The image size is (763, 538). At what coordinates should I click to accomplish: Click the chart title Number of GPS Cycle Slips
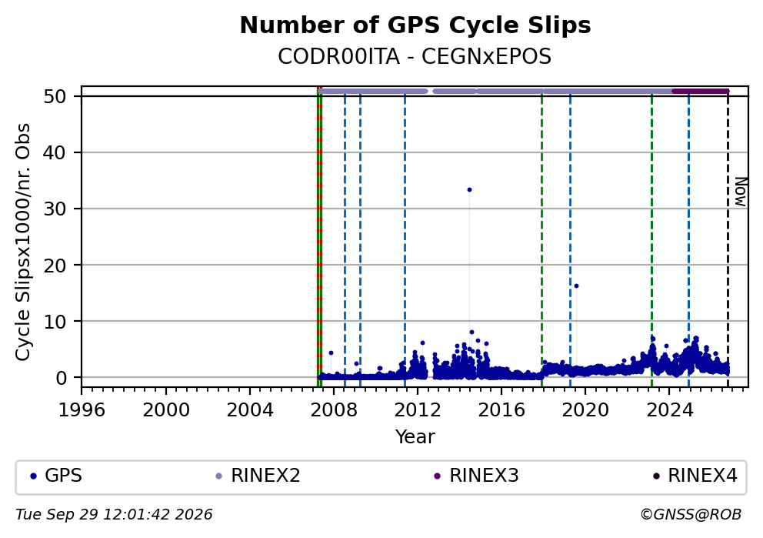click(415, 25)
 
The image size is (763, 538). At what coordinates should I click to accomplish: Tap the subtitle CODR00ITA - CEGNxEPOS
click(415, 57)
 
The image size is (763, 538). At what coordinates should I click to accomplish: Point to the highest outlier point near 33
click(469, 190)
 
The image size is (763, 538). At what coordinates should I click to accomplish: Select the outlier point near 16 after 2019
click(576, 286)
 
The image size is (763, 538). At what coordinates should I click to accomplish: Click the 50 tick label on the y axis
click(55, 96)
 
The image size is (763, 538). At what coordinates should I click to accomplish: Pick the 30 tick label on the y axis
click(55, 209)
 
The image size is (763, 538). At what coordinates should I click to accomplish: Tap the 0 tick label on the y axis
click(62, 378)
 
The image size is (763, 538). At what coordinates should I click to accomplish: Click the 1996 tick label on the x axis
click(82, 410)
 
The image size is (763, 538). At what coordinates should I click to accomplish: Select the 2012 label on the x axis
click(417, 410)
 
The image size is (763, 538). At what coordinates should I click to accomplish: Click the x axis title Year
click(415, 436)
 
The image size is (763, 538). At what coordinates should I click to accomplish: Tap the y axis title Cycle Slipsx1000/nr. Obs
click(22, 242)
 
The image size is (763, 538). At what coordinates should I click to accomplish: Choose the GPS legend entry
click(56, 476)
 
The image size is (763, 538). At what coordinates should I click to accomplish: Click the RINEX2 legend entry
click(258, 476)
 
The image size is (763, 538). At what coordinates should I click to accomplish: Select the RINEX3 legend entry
click(476, 476)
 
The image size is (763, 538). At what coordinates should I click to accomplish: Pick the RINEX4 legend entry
click(695, 476)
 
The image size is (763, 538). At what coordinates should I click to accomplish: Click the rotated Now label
click(740, 192)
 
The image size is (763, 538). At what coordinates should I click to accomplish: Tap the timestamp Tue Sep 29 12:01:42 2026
click(114, 515)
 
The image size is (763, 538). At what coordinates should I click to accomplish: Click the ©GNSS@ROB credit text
click(691, 515)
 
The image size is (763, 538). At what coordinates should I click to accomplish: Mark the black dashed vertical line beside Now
click(728, 239)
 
